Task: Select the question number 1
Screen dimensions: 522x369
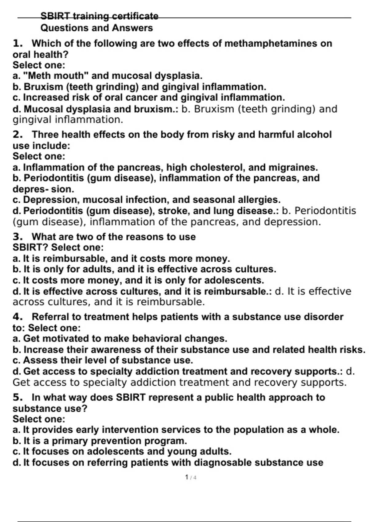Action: (x=18, y=43)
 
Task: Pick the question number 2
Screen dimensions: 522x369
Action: (x=18, y=134)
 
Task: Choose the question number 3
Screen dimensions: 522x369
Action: (x=18, y=237)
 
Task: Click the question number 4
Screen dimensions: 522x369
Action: (x=18, y=317)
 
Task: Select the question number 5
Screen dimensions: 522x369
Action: (x=18, y=397)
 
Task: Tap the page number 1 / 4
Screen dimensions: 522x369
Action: (x=191, y=477)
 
